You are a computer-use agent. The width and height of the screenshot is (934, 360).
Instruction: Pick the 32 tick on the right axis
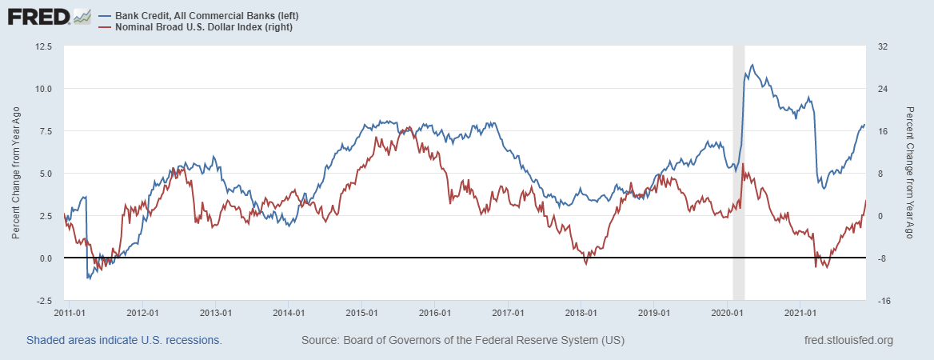tap(877, 46)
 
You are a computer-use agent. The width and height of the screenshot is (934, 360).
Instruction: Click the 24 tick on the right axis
tap(877, 89)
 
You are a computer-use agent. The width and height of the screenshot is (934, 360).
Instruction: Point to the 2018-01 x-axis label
tap(581, 313)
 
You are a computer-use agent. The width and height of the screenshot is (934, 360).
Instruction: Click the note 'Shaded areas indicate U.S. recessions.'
tap(124, 341)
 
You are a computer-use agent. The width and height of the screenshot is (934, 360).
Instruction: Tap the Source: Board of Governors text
tap(463, 341)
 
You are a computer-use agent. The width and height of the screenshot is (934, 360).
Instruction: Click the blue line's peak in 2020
tap(752, 65)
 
